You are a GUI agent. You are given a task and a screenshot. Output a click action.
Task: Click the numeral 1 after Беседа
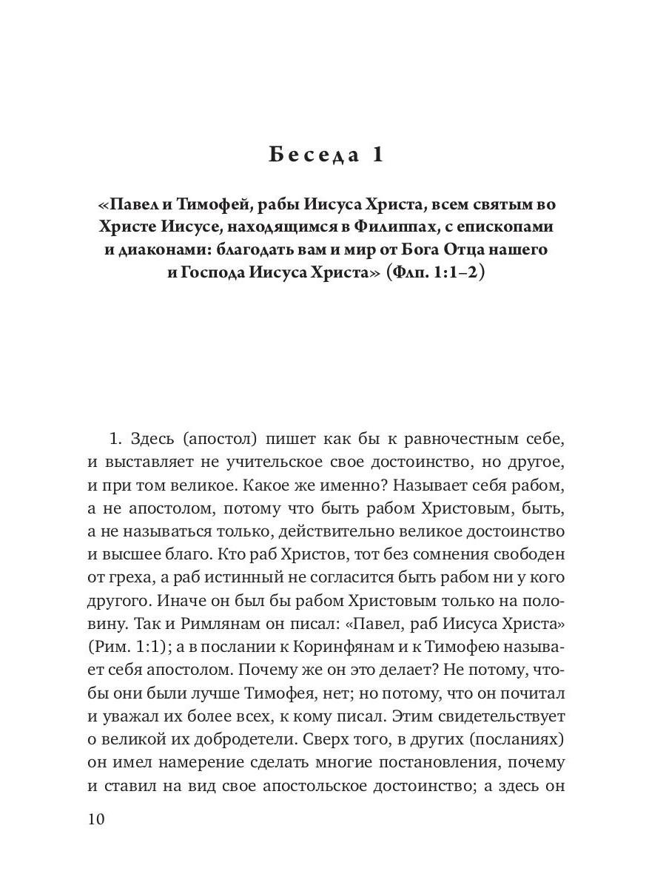pyautogui.click(x=379, y=155)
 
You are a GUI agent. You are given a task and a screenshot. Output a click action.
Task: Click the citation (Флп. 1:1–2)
pyautogui.click(x=435, y=273)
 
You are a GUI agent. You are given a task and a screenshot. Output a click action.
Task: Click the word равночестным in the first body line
pyautogui.click(x=459, y=440)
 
